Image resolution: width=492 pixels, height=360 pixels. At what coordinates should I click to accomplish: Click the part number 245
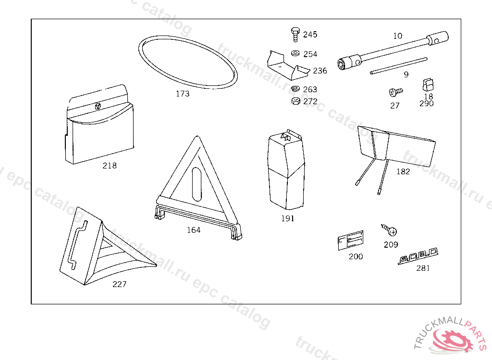(x=310, y=35)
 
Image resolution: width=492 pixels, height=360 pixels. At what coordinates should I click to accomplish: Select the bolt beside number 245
(x=295, y=35)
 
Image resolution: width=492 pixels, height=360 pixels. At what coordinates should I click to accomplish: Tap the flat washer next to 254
(x=295, y=53)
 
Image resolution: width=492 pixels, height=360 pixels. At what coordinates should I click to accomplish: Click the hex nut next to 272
(x=296, y=101)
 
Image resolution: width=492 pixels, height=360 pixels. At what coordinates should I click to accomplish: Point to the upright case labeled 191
(x=286, y=173)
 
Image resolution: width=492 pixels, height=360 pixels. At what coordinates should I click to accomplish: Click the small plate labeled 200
(x=350, y=240)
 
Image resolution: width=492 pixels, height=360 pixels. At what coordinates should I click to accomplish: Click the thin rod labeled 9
(x=399, y=66)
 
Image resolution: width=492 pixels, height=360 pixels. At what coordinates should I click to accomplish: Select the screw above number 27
(x=395, y=91)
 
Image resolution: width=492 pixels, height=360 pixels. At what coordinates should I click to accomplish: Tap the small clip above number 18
(x=428, y=85)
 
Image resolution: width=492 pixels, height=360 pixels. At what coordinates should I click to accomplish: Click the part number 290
(x=426, y=103)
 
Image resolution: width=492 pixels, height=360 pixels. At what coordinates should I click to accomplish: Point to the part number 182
(x=403, y=171)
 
